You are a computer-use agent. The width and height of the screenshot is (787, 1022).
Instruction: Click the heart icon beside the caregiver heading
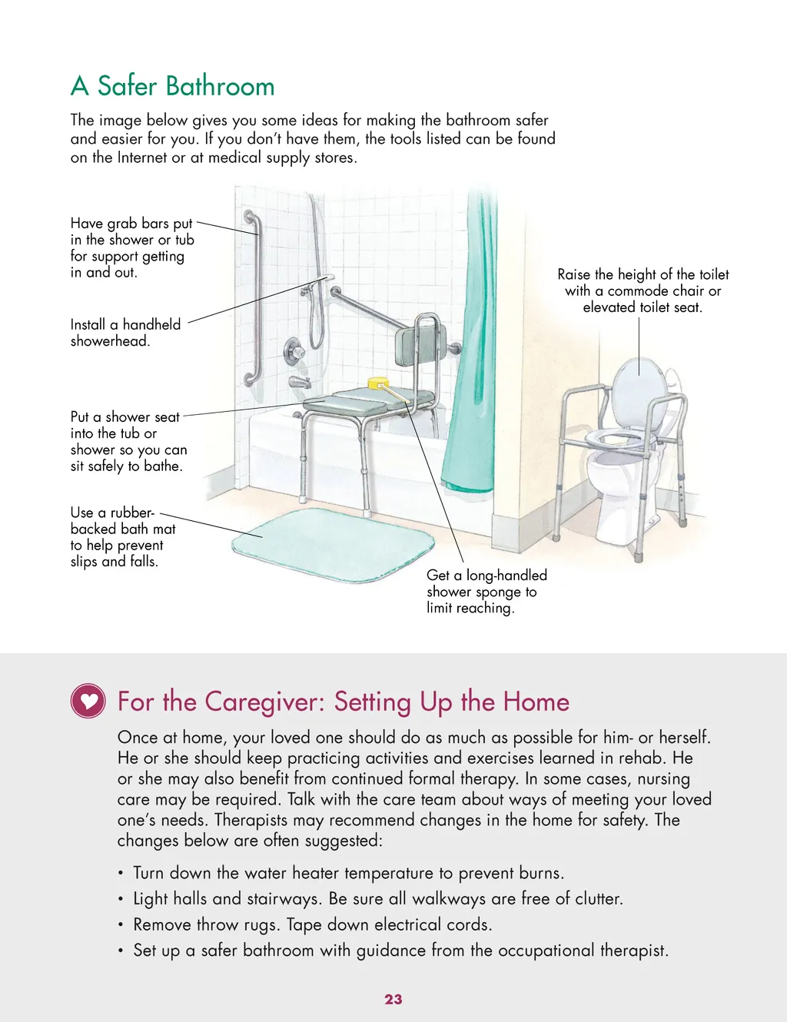pyautogui.click(x=88, y=701)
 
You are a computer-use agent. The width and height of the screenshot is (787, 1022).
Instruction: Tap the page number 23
pyautogui.click(x=393, y=999)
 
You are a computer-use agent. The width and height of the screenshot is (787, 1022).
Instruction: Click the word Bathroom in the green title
pyautogui.click(x=220, y=86)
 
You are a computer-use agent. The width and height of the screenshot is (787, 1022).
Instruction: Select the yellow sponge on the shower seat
pyautogui.click(x=377, y=383)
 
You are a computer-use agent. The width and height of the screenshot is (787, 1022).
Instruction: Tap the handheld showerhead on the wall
pyautogui.click(x=324, y=280)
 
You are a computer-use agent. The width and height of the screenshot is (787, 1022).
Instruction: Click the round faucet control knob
pyautogui.click(x=294, y=351)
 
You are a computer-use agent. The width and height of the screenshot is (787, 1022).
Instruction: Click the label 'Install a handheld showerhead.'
pyautogui.click(x=125, y=333)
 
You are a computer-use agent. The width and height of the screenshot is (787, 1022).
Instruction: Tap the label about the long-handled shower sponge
pyautogui.click(x=486, y=591)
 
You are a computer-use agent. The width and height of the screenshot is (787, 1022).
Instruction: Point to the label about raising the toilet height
pyautogui.click(x=643, y=290)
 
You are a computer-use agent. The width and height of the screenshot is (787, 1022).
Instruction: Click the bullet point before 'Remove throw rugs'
pyautogui.click(x=121, y=924)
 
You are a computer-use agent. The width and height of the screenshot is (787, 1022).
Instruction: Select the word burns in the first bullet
pyautogui.click(x=541, y=873)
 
